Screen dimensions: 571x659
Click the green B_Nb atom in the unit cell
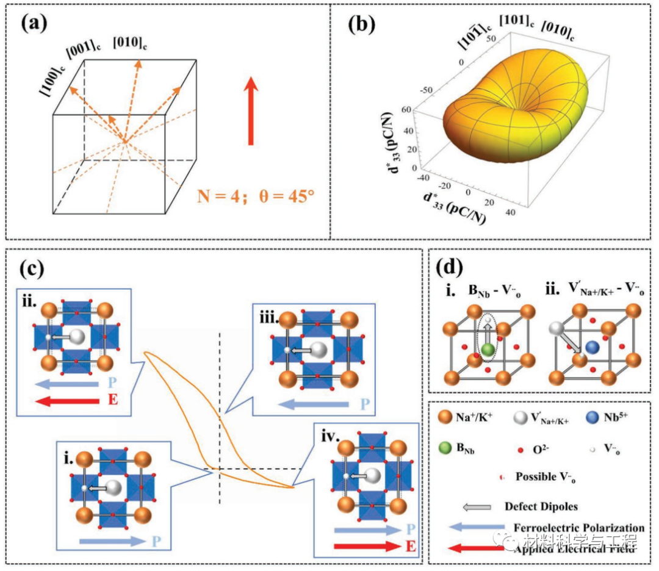click(487, 350)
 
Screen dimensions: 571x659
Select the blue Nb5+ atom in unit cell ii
click(592, 347)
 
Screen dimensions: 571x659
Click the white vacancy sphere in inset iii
click(319, 351)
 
